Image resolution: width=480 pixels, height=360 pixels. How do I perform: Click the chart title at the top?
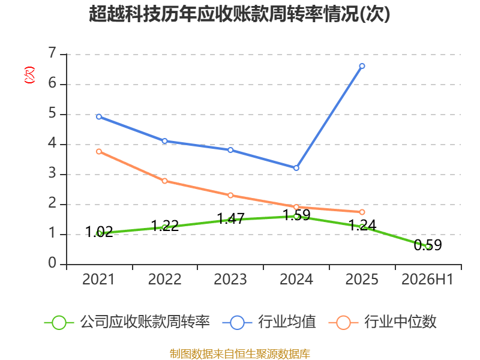click(x=239, y=14)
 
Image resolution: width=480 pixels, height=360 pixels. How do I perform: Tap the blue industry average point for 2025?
click(x=362, y=66)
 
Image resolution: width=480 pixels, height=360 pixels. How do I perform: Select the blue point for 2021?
click(x=99, y=116)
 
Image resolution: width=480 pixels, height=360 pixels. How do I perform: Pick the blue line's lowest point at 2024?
click(x=296, y=168)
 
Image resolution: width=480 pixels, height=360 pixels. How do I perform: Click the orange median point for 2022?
click(x=164, y=181)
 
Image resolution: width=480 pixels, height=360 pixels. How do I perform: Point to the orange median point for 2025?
click(x=362, y=212)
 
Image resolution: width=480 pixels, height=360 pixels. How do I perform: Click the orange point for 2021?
click(x=99, y=152)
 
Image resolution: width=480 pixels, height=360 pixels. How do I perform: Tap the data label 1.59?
click(x=296, y=215)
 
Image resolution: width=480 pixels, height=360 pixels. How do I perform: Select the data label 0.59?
click(x=428, y=245)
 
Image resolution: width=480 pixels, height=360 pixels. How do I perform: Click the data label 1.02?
click(x=99, y=232)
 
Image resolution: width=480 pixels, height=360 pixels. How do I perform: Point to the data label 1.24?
click(x=362, y=226)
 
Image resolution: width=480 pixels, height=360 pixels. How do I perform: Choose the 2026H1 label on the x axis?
click(x=427, y=279)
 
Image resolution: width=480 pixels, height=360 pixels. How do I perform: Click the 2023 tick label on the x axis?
click(x=230, y=279)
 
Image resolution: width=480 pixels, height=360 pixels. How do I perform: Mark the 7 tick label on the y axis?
click(x=53, y=53)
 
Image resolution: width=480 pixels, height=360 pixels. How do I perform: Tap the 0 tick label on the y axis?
click(x=53, y=263)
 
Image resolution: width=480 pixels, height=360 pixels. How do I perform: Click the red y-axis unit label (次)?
click(x=29, y=75)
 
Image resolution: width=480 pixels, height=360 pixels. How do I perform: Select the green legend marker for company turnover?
click(x=59, y=323)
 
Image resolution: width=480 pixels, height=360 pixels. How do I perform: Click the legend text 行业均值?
click(x=287, y=322)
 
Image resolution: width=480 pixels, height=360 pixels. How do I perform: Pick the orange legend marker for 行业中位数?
click(x=343, y=323)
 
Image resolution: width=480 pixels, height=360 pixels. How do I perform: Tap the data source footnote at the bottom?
click(x=239, y=354)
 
